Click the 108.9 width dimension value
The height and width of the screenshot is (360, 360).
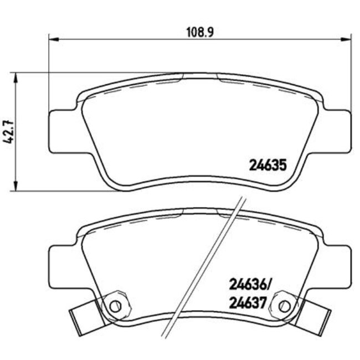click(x=199, y=32)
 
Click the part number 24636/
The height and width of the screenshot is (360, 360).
click(x=249, y=286)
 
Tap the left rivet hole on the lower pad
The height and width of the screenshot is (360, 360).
click(x=115, y=305)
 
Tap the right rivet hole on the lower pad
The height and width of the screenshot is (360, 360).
click(x=285, y=305)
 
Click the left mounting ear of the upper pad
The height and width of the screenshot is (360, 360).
click(x=63, y=129)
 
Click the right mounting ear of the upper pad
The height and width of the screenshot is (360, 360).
click(x=337, y=129)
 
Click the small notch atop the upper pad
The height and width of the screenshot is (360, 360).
click(x=200, y=75)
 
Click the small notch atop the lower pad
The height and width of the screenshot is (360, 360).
click(x=200, y=211)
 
